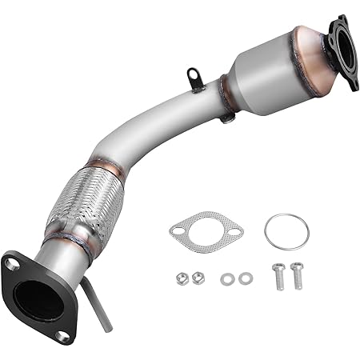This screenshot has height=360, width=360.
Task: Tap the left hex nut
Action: point(182,279)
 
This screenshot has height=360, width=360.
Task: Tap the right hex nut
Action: point(198,277)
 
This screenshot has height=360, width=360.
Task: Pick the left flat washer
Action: point(229,278)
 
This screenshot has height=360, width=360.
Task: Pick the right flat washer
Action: point(246,277)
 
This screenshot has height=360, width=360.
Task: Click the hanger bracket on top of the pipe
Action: point(194,79)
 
